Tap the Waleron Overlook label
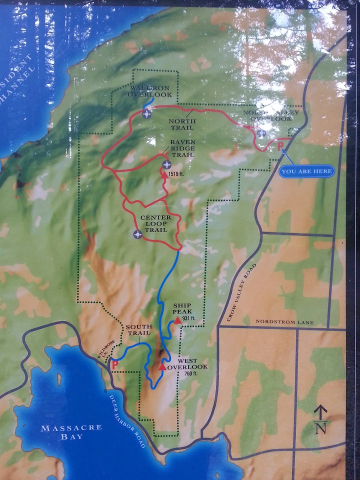pyautogui.click(x=149, y=90)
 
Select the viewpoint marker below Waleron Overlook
pyautogui.click(x=146, y=114)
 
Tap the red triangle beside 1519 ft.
pyautogui.click(x=163, y=174)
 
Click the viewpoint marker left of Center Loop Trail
pyautogui.click(x=137, y=234)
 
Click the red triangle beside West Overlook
pyautogui.click(x=162, y=366)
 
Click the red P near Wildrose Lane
pyautogui.click(x=115, y=365)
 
